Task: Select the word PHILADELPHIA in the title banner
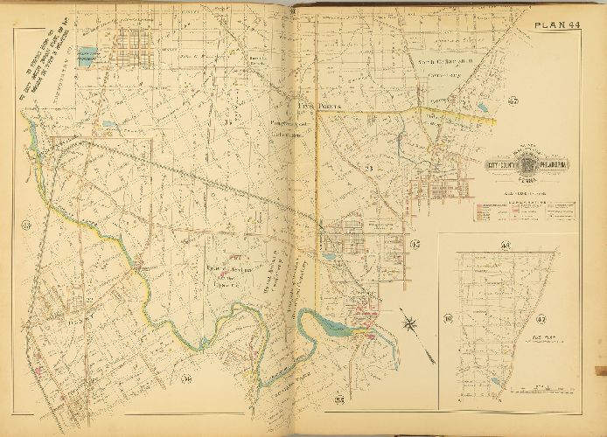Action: click(548, 165)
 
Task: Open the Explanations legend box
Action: click(524, 212)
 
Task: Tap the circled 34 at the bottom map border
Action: click(186, 378)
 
